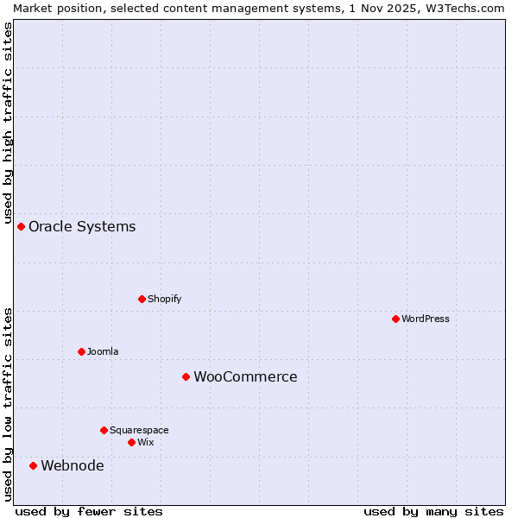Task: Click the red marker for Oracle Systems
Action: click(x=22, y=226)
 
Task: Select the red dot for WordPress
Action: click(x=395, y=319)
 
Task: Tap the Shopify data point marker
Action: click(x=142, y=299)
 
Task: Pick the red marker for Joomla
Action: click(x=81, y=351)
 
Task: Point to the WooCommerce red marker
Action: click(x=186, y=376)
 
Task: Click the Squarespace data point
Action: click(x=104, y=430)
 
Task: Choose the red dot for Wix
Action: click(x=131, y=442)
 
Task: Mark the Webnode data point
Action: click(x=34, y=465)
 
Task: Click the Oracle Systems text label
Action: click(x=82, y=227)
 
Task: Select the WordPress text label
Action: click(x=426, y=319)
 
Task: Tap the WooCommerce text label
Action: click(x=245, y=377)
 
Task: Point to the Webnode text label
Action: click(x=73, y=466)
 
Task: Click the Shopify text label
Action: click(x=164, y=299)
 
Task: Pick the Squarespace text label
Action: click(x=139, y=430)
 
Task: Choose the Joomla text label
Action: click(x=103, y=351)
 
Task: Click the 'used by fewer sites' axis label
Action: click(x=89, y=511)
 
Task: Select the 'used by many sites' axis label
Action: click(x=433, y=511)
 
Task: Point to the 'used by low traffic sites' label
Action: click(x=8, y=404)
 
